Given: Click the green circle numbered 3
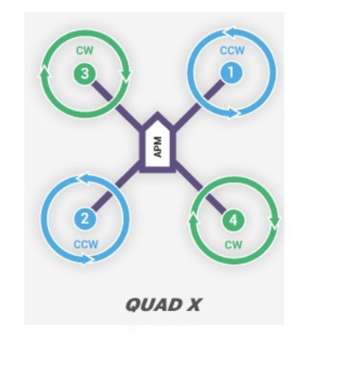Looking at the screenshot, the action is [85, 74].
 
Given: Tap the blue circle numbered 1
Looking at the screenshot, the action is [231, 73].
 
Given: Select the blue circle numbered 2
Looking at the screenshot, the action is [85, 219].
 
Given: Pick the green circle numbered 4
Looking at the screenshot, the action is [233, 221].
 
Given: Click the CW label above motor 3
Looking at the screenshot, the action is [85, 51].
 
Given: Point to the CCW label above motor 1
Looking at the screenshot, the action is [232, 51].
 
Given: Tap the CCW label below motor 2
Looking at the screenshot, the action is [86, 244].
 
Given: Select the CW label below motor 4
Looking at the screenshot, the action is [233, 245].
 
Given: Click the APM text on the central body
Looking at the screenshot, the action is [157, 147].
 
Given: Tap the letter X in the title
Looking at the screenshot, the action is [194, 305].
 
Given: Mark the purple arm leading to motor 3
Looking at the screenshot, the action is [117, 105].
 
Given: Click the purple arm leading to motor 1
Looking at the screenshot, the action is [199, 103].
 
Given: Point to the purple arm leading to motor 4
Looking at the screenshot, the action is [201, 188].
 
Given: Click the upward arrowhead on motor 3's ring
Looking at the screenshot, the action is [44, 72].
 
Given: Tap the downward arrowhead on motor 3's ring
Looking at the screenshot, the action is [126, 74].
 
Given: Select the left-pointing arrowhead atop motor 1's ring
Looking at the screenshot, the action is [232, 32].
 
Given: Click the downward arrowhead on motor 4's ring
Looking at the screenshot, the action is [275, 220].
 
